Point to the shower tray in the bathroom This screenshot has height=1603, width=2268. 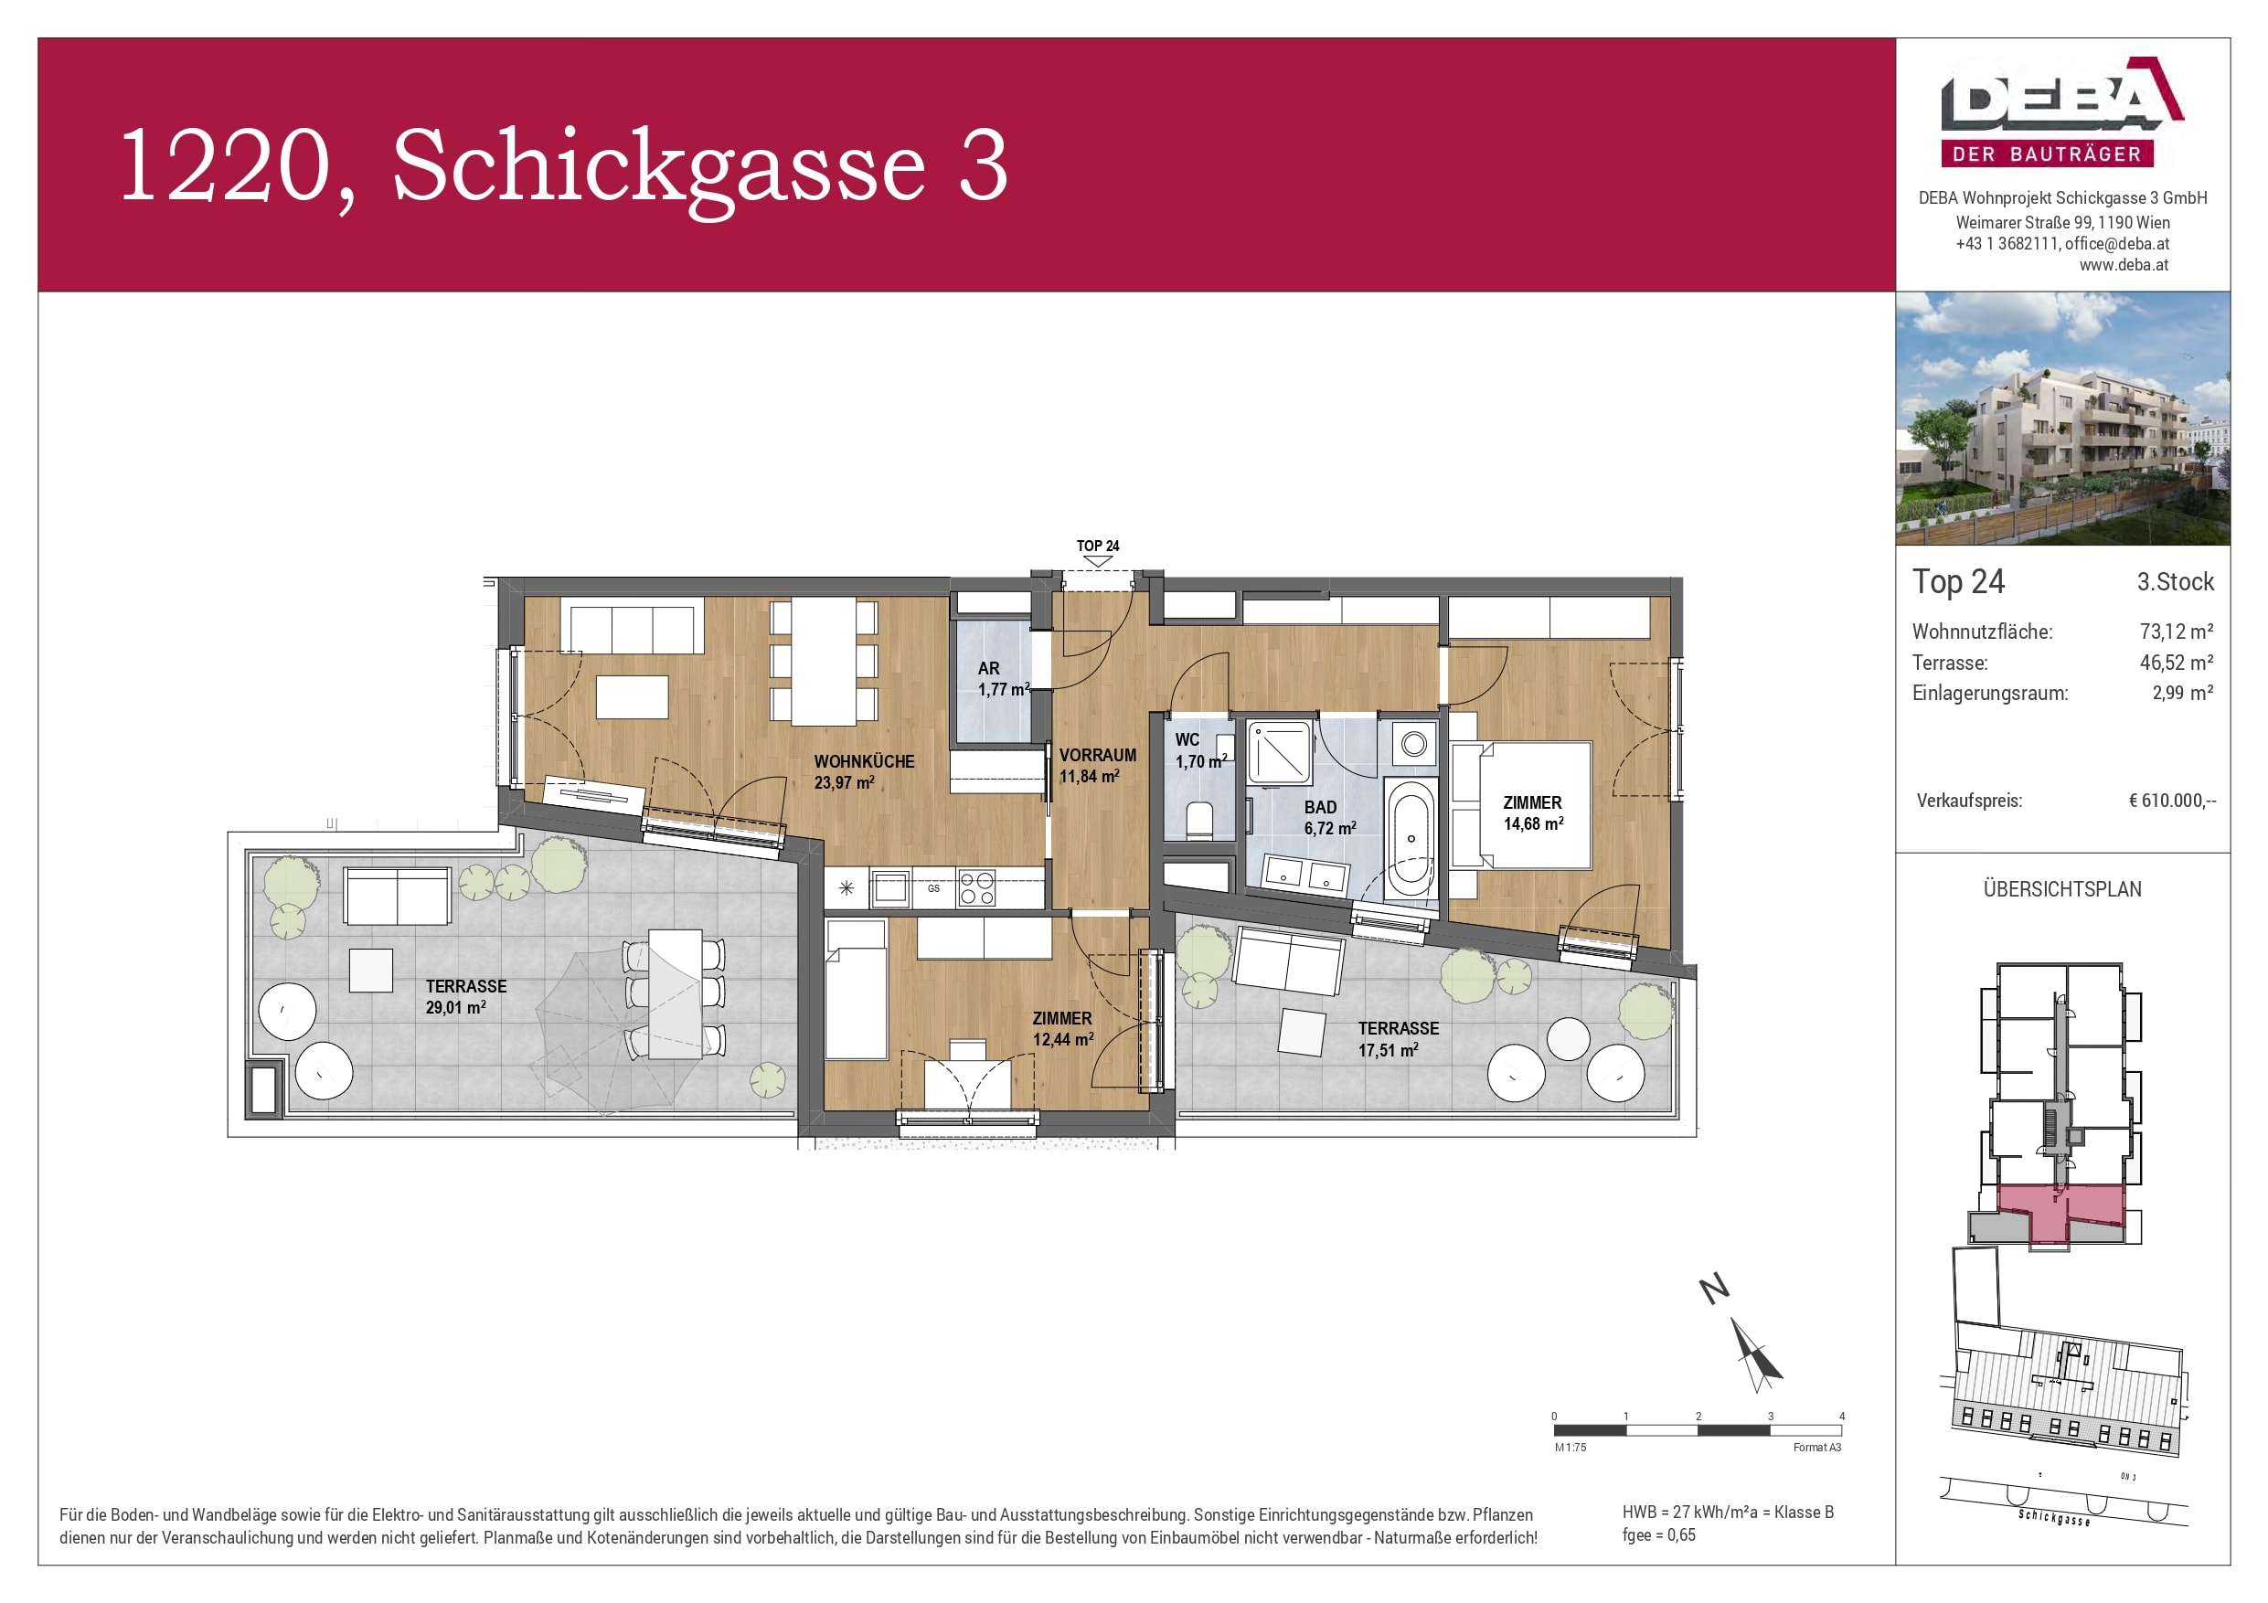(1279, 755)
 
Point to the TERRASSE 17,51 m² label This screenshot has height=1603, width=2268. (1397, 1039)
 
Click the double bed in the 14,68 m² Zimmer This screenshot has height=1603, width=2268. (1521, 807)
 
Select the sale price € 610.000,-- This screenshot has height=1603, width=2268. (2171, 801)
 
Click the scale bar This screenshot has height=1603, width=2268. (1697, 1430)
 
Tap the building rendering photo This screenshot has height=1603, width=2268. (2061, 419)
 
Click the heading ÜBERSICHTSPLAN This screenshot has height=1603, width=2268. (2061, 889)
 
